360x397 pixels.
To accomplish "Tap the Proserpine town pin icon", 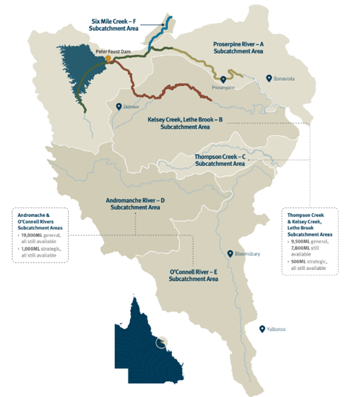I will coord(224,79).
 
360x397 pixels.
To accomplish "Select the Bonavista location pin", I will coord(270,78).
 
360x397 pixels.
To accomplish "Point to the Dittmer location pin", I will coord(118,106).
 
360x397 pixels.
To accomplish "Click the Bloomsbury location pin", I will coord(230,253).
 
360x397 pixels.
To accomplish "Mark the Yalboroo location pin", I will coord(262,328).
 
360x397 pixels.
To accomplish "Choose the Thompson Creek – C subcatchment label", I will coord(220,159).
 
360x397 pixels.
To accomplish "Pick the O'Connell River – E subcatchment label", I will coord(194,276).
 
